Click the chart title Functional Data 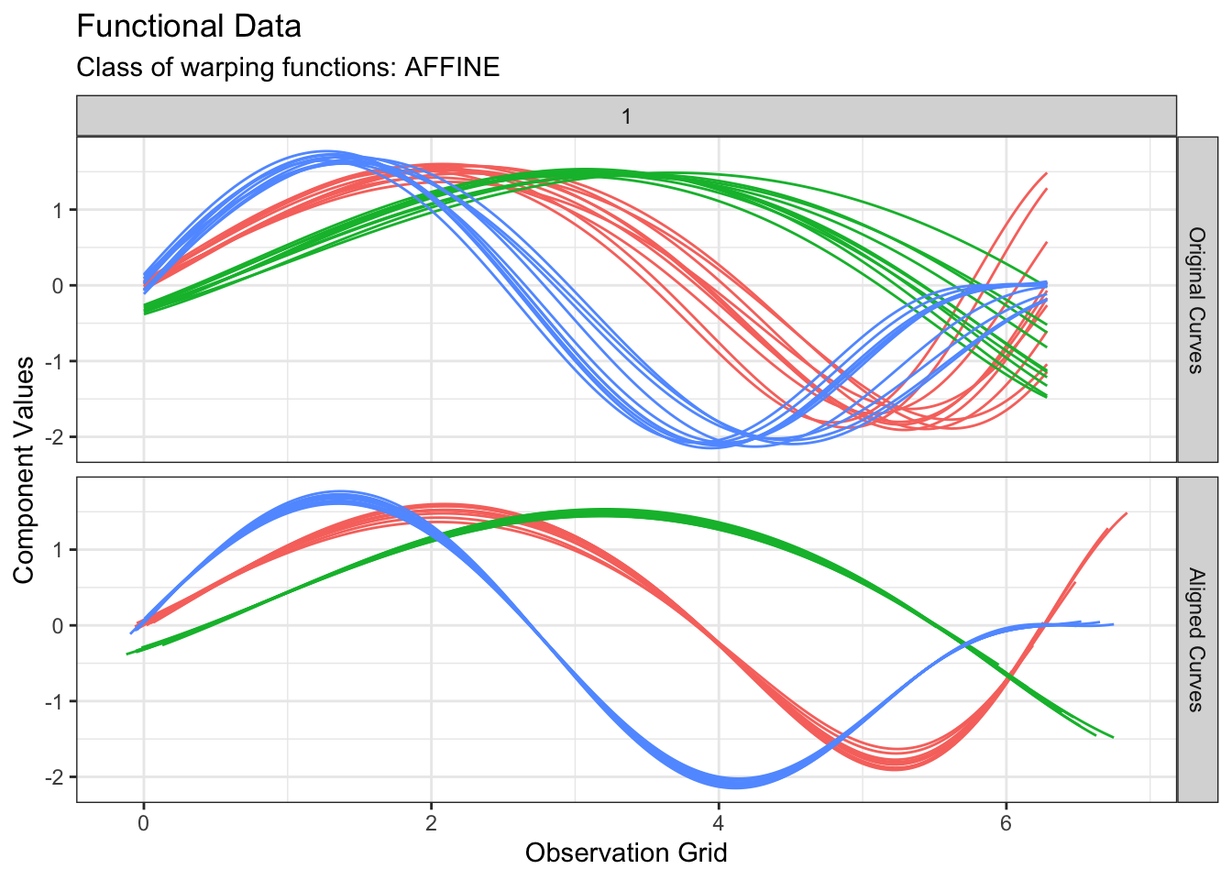pyautogui.click(x=189, y=27)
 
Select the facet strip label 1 pyautogui.click(x=626, y=116)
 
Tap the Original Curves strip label pyautogui.click(x=1195, y=300)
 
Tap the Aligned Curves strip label pyautogui.click(x=1195, y=640)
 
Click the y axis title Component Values pyautogui.click(x=24, y=470)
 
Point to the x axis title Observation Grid pyautogui.click(x=626, y=853)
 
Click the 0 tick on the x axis pyautogui.click(x=143, y=822)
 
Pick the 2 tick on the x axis pyautogui.click(x=431, y=822)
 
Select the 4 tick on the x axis pyautogui.click(x=719, y=822)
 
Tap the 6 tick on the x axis pyautogui.click(x=1006, y=822)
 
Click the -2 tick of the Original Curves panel pyautogui.click(x=58, y=437)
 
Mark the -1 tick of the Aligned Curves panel pyautogui.click(x=58, y=702)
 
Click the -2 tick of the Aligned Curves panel pyautogui.click(x=58, y=777)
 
